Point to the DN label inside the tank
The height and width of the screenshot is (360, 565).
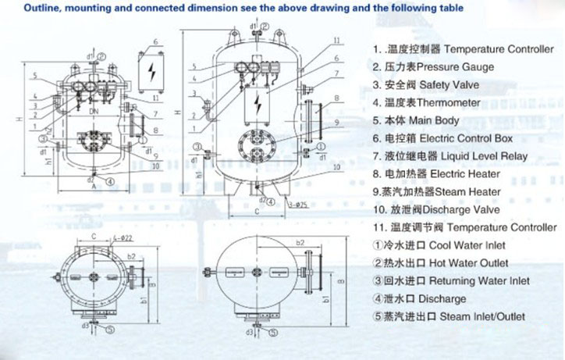point(94,112)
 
